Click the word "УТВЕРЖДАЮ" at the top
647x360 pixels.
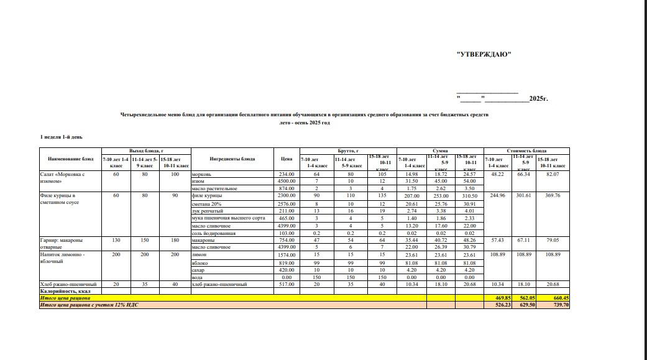coord(484,54)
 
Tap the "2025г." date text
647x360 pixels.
coord(538,98)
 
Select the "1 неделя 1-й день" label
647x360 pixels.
coord(62,137)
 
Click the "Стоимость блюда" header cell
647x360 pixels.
coord(526,150)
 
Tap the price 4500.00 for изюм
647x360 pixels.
coord(286,181)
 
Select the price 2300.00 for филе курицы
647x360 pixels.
coord(286,196)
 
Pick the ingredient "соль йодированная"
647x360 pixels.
coord(213,233)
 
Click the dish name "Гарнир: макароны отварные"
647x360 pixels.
coord(61,243)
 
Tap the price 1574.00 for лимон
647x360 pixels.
coord(286,255)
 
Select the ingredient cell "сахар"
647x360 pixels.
coord(200,270)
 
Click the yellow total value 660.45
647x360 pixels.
coord(558,298)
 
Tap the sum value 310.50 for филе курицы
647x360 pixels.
coord(469,196)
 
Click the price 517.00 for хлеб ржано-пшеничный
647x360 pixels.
coord(286,284)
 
